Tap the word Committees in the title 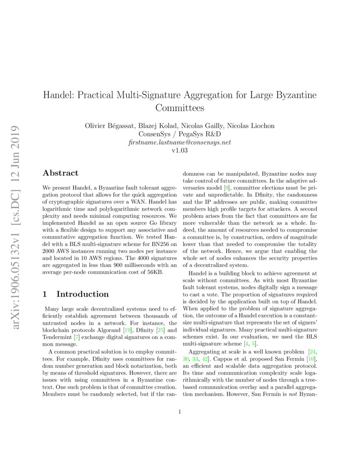coord(180,108)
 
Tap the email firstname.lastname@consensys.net coord(180,142)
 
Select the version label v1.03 coord(180,150)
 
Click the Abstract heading coord(61,173)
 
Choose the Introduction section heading coord(82,294)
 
